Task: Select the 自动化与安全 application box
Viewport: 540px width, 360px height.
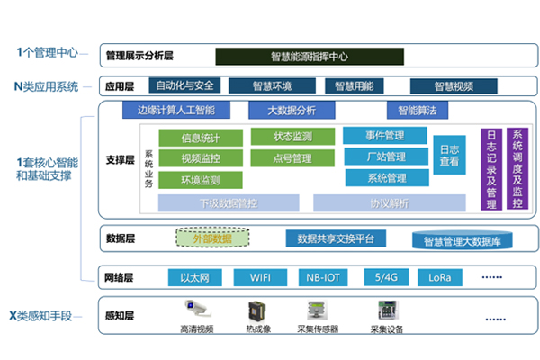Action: [x=184, y=86]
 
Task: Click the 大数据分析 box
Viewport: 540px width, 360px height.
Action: [x=292, y=111]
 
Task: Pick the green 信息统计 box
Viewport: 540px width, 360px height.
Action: [x=200, y=138]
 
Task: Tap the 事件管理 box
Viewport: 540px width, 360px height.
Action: [x=385, y=136]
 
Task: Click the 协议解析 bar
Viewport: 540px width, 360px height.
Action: [x=389, y=202]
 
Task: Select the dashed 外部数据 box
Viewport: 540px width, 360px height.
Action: [x=211, y=238]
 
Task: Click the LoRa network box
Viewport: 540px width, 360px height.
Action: [x=439, y=276]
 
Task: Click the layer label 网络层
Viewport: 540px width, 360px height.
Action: [x=121, y=276]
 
